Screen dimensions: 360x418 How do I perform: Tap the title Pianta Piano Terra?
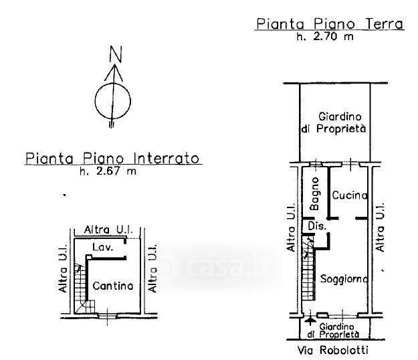[330, 25]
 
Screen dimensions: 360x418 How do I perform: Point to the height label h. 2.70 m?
[325, 37]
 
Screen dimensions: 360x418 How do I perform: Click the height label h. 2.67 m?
[108, 172]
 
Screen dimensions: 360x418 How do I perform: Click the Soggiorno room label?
[344, 278]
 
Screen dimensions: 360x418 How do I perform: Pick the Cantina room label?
[112, 286]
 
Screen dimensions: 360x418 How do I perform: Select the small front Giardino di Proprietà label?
[338, 330]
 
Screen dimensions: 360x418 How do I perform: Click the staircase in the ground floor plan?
[308, 271]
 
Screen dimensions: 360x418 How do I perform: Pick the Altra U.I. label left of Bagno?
[291, 228]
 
